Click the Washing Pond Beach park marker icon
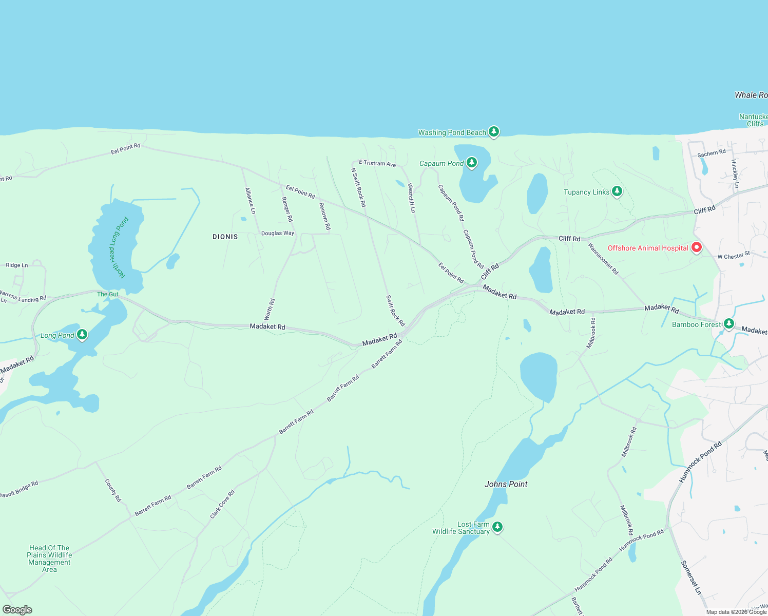point(493,132)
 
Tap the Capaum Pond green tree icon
point(471,163)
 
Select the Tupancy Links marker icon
point(617,191)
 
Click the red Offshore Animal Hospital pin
point(697,247)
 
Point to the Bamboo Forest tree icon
point(728,323)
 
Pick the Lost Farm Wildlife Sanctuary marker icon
point(497,527)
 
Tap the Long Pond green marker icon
point(82,335)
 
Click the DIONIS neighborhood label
point(225,237)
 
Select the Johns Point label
point(506,484)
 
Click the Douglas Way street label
point(278,233)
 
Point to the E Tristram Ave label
point(377,163)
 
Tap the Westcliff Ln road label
point(411,198)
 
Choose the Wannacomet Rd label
point(603,258)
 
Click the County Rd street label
point(113,490)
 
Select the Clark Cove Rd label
point(222,504)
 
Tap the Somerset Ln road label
point(690,577)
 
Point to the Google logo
point(17,610)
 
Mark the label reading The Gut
point(108,294)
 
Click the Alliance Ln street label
point(250,201)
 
